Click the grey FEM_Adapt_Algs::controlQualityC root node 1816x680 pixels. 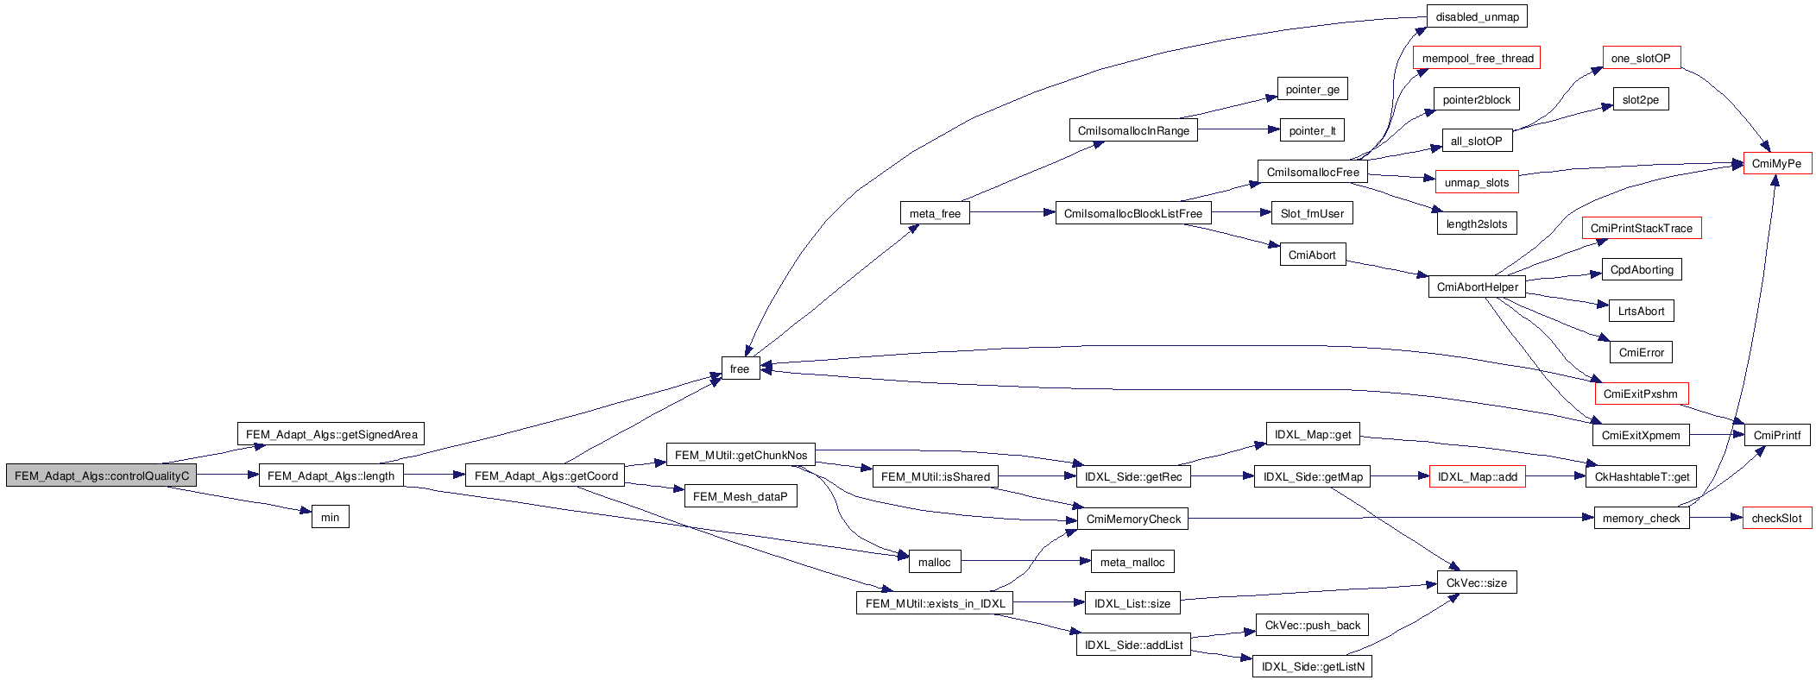coord(101,475)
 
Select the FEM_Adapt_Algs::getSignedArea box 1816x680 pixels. coord(331,434)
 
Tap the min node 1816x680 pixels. coord(330,518)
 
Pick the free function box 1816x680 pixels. coord(740,368)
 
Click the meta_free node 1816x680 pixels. coord(935,213)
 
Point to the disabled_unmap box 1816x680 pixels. coord(1477,16)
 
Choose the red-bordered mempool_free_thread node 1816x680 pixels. coord(1477,58)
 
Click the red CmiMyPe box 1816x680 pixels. coord(1776,163)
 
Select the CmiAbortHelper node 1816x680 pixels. coord(1477,286)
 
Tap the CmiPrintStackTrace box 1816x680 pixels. coord(1641,228)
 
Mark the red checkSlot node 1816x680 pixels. coord(1776,518)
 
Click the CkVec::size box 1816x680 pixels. coord(1476,582)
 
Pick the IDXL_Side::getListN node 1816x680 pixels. coord(1312,666)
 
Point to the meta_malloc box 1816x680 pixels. coord(1132,562)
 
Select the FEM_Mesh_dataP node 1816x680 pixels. coord(740,496)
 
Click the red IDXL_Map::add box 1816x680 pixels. coord(1477,476)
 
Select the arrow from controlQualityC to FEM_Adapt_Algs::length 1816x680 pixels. coord(227,475)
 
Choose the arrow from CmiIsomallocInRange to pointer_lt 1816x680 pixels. coord(1238,129)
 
